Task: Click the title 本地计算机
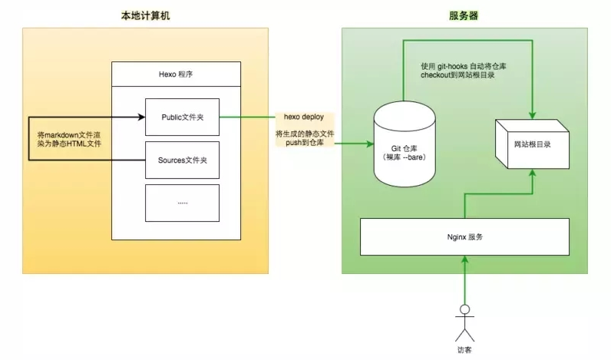tap(145, 15)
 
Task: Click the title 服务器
tap(464, 15)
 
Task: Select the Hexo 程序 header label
tap(176, 74)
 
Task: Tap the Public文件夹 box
tap(183, 117)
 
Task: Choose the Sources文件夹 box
tap(183, 160)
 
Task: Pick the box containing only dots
tap(183, 203)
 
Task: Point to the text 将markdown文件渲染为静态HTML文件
tap(69, 140)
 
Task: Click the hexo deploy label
tap(304, 117)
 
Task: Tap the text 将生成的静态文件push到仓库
tap(305, 138)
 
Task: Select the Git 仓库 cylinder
tap(405, 144)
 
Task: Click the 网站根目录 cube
tap(532, 144)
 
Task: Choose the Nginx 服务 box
tap(464, 237)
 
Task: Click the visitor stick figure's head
tap(464, 309)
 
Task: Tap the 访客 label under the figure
tap(464, 350)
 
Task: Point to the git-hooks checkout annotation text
tap(464, 71)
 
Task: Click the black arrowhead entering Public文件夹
tap(142, 117)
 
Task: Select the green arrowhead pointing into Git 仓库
tap(370, 144)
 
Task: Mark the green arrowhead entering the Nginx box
tap(464, 259)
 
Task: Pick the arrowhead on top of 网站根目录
tap(532, 115)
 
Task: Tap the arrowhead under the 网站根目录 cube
tap(532, 173)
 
